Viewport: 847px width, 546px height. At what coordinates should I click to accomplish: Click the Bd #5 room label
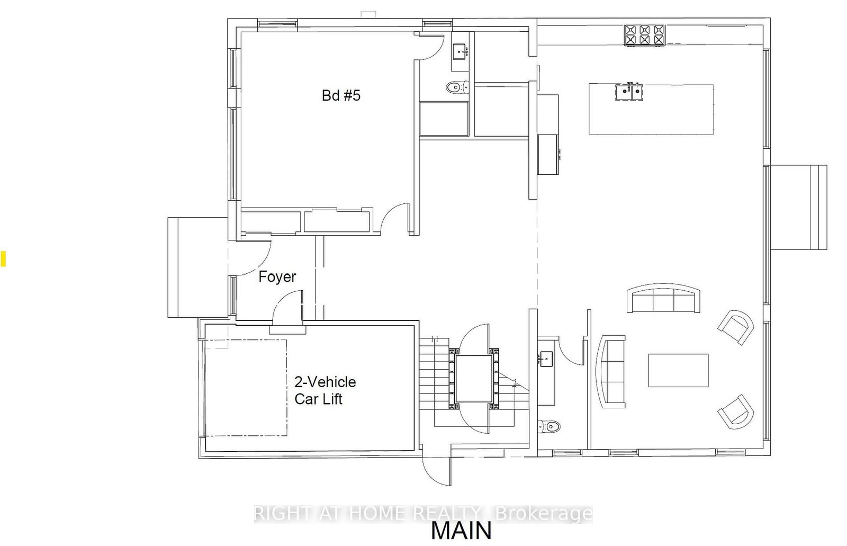tap(341, 95)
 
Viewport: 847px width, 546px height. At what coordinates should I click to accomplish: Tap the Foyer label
tap(277, 277)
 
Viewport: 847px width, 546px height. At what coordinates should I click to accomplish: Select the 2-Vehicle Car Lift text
tap(325, 390)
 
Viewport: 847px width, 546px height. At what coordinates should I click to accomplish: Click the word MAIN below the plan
tap(461, 531)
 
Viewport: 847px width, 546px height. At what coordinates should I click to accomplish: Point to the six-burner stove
tap(644, 35)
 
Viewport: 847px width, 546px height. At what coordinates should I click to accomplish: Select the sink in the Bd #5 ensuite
tap(460, 52)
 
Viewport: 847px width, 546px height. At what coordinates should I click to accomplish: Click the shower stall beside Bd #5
tap(444, 119)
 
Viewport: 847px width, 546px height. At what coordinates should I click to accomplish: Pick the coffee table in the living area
tap(678, 370)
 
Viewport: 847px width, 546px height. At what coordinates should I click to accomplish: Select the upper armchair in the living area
tap(736, 327)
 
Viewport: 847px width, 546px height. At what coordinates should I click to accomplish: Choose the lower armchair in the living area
tap(736, 411)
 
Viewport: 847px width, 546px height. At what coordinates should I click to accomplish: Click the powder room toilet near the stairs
tap(548, 427)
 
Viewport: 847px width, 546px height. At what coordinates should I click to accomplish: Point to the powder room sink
tap(546, 359)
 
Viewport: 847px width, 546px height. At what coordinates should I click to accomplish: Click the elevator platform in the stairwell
tap(474, 379)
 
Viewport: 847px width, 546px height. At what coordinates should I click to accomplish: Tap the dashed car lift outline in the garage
tap(246, 388)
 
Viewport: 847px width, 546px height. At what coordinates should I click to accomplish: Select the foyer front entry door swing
tap(249, 257)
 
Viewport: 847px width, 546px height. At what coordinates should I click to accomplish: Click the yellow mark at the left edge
tap(3, 258)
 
